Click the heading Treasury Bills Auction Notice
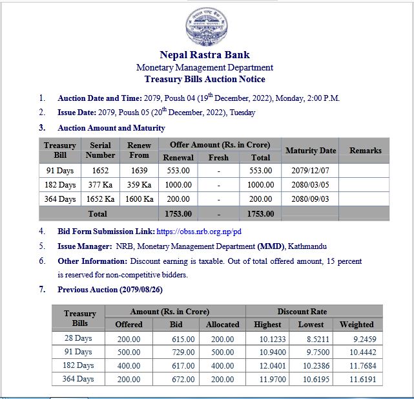(205, 79)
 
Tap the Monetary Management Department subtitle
(205, 67)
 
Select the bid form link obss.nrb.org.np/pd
(201, 231)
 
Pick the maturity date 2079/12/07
(310, 171)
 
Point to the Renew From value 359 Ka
(139, 185)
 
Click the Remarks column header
(366, 150)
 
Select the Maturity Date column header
(310, 150)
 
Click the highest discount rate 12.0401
(267, 365)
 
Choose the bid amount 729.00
(181, 352)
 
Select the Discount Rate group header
(314, 311)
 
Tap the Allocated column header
(223, 324)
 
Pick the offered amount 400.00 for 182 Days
(129, 365)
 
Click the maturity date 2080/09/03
(310, 199)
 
